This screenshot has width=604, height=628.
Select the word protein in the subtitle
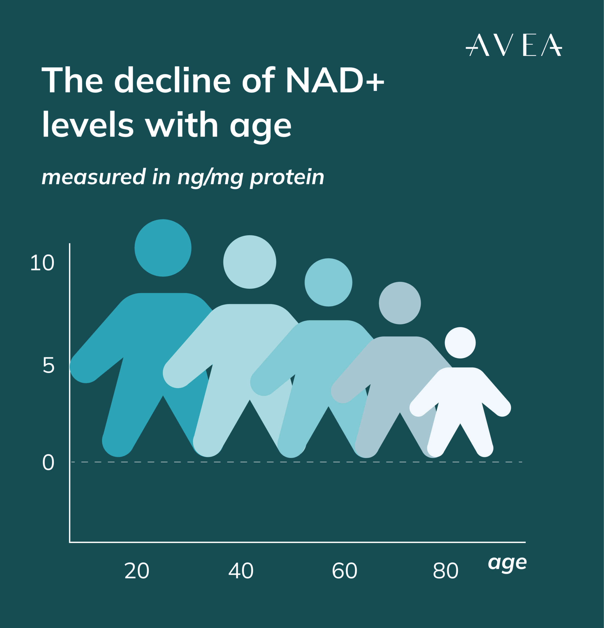pos(287,177)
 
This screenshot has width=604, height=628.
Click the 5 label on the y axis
pos(48,365)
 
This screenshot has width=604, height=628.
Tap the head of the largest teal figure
pos(163,248)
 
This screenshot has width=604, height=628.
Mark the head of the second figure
pos(250,262)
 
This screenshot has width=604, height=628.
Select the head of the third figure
pos(328,283)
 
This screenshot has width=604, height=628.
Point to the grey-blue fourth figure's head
pos(400,303)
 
